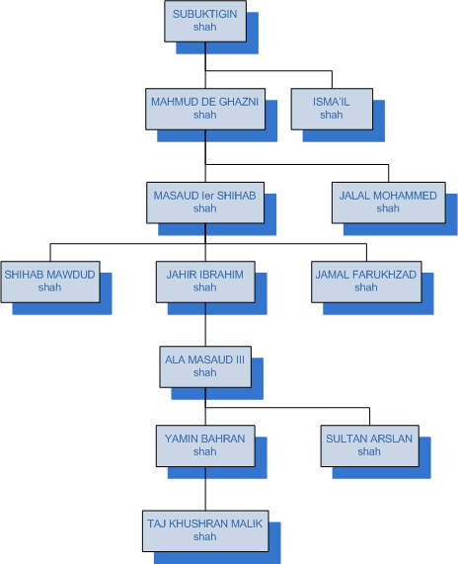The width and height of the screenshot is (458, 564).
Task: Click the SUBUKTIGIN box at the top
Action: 205,21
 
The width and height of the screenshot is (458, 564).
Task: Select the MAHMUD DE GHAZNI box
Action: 205,109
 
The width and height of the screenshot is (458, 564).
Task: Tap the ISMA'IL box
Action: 332,109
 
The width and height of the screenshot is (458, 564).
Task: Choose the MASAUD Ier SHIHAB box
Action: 205,202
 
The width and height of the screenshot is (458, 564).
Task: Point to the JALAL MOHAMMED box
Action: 389,202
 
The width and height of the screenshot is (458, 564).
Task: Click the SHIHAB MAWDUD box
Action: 50,282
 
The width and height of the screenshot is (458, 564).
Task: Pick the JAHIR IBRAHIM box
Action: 205,282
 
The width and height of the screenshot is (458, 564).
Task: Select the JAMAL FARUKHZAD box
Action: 366,282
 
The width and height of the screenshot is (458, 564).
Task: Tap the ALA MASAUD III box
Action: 205,366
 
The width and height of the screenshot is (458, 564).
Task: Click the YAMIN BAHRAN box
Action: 205,446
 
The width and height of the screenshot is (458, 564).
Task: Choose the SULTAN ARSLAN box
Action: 369,446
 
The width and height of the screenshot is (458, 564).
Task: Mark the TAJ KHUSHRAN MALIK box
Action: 205,530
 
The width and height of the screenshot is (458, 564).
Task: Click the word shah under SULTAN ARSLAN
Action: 369,451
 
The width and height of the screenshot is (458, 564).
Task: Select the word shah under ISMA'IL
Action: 332,115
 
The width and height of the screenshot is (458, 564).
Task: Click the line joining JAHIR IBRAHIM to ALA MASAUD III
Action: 205,324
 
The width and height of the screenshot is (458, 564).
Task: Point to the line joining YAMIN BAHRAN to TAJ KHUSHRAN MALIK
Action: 205,489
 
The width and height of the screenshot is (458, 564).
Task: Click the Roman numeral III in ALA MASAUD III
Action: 240,360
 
